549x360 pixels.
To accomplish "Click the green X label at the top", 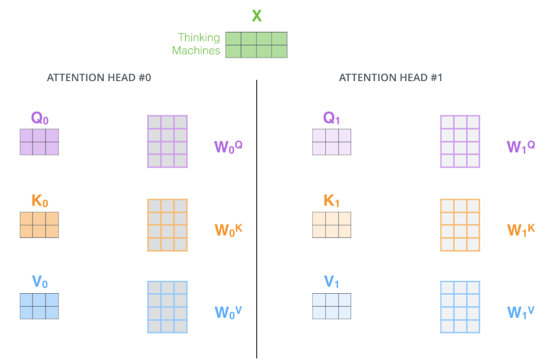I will pos(257,16).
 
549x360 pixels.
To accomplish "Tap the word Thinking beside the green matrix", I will pos(199,38).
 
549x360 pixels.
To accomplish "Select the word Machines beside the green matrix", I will pos(196,51).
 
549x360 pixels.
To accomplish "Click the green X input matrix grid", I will pos(256,45).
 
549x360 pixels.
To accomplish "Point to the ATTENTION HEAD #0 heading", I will pos(99,78).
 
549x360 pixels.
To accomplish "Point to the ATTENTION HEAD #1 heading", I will pos(391,78).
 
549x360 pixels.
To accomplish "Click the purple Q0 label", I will pos(40,118).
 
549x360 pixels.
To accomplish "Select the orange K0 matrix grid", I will pos(40,224).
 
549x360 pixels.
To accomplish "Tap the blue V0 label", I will pos(40,282).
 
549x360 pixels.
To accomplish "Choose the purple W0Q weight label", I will pos(228,147).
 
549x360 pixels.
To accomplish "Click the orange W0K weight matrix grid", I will pos(167,225).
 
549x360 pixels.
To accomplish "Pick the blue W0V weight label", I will pos(228,313).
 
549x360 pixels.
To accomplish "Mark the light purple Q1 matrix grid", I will pos(332,142).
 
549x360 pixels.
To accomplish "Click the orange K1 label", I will pos(332,202).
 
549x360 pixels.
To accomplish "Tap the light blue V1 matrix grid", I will pos(332,306).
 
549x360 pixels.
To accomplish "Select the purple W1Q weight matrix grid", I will pos(460,141).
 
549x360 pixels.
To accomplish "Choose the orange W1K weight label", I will pos(521,230).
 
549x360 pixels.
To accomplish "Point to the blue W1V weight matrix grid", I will pos(460,307).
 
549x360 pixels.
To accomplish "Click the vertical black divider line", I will pos(257,221).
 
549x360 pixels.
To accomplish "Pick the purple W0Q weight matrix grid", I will pos(167,141).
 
